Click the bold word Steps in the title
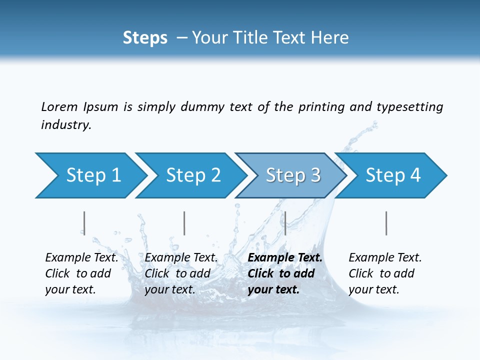pyautogui.click(x=145, y=38)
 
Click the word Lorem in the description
pyautogui.click(x=59, y=106)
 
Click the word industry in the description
pyautogui.click(x=65, y=125)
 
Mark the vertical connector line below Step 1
pyautogui.click(x=84, y=223)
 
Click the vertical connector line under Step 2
pyautogui.click(x=184, y=223)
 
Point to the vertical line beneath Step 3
pyautogui.click(x=285, y=223)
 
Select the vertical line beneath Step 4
pyautogui.click(x=386, y=223)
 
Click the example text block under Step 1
pyautogui.click(x=81, y=273)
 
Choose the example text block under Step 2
pyautogui.click(x=181, y=273)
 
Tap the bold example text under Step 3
pyautogui.click(x=285, y=273)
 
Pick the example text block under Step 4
pyautogui.click(x=385, y=273)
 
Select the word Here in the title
pyautogui.click(x=332, y=38)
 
